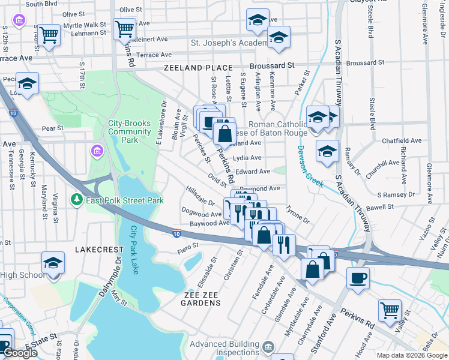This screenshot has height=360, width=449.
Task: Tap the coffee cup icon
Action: click(358, 278)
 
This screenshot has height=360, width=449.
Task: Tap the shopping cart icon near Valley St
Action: click(390, 310)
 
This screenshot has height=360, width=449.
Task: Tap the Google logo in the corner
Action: click(19, 353)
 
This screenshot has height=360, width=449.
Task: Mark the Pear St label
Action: click(52, 128)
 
